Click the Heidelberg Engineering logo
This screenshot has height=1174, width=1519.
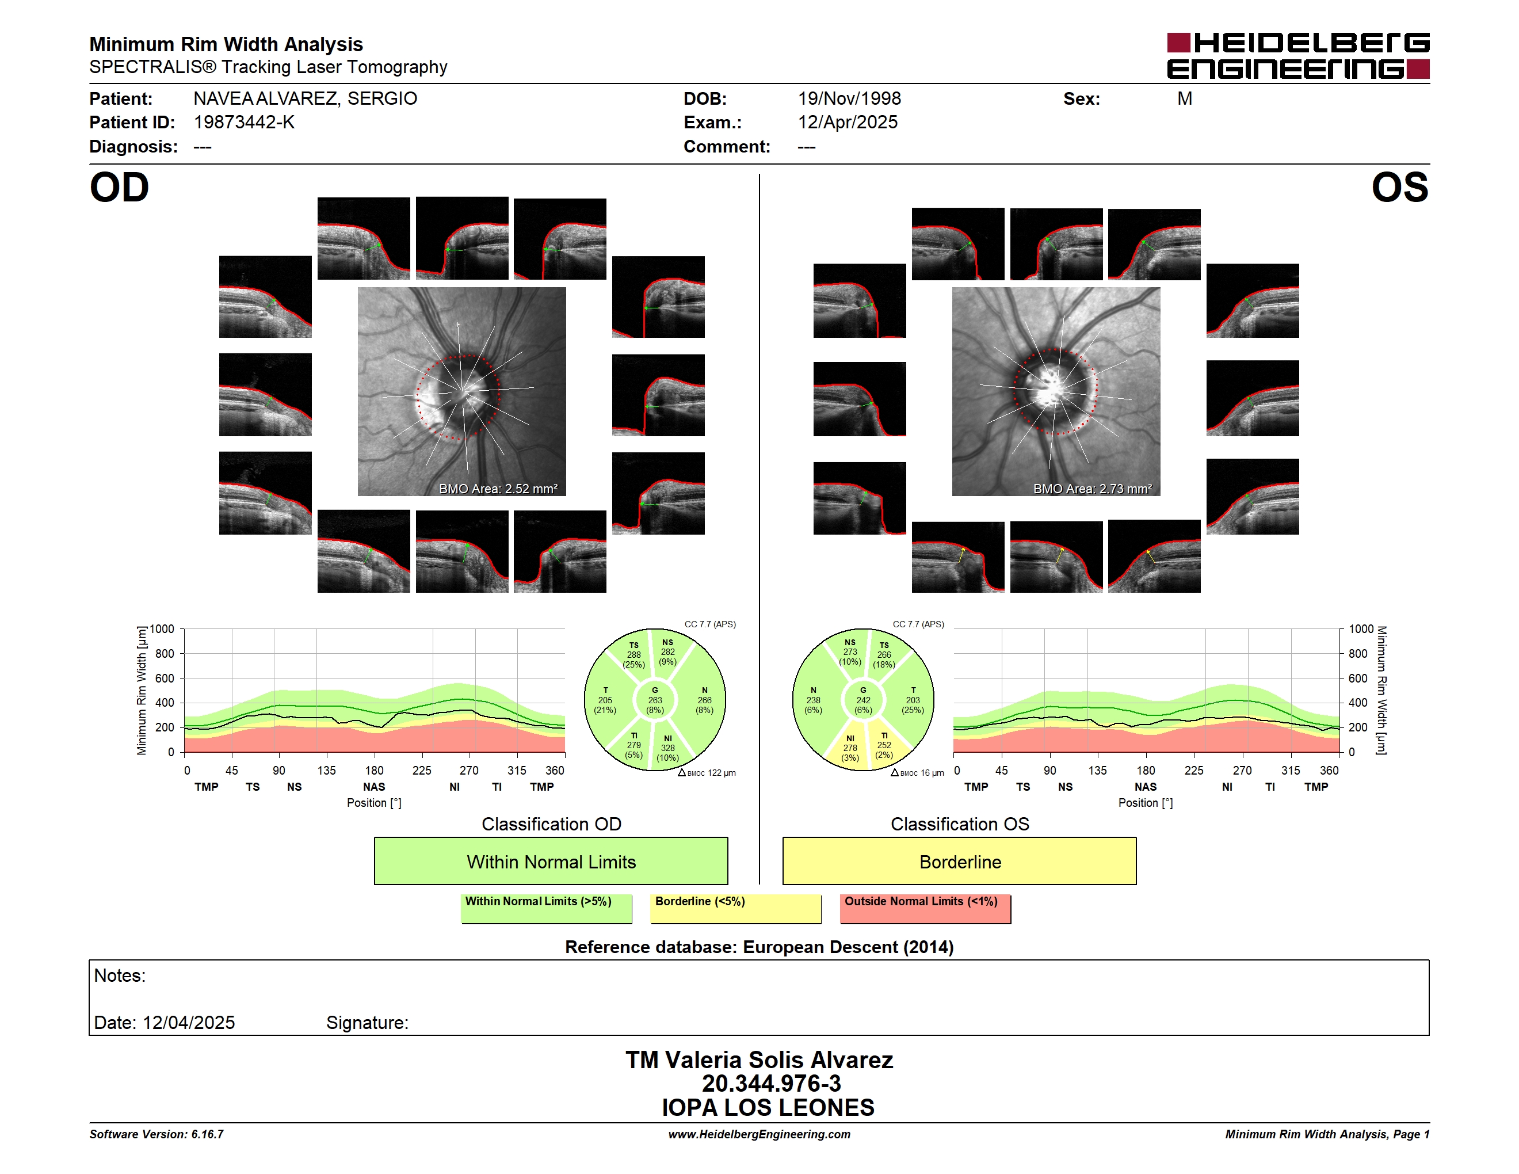[1298, 56]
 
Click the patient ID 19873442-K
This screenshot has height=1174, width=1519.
[244, 123]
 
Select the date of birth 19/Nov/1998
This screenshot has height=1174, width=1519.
[849, 99]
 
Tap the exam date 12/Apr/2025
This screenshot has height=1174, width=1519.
[848, 123]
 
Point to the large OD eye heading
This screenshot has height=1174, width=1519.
[119, 188]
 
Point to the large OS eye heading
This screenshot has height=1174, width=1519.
[1400, 188]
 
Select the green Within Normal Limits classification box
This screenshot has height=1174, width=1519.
[551, 861]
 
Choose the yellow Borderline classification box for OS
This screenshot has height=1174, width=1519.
[960, 861]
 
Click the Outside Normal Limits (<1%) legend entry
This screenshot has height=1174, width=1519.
[925, 908]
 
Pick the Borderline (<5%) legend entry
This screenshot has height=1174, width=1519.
[736, 908]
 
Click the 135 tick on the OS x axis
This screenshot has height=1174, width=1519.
[1097, 771]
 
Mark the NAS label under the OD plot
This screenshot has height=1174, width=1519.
[374, 787]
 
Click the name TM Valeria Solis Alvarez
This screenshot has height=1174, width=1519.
[760, 1060]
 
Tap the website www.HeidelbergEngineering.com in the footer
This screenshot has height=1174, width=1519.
[760, 1134]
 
